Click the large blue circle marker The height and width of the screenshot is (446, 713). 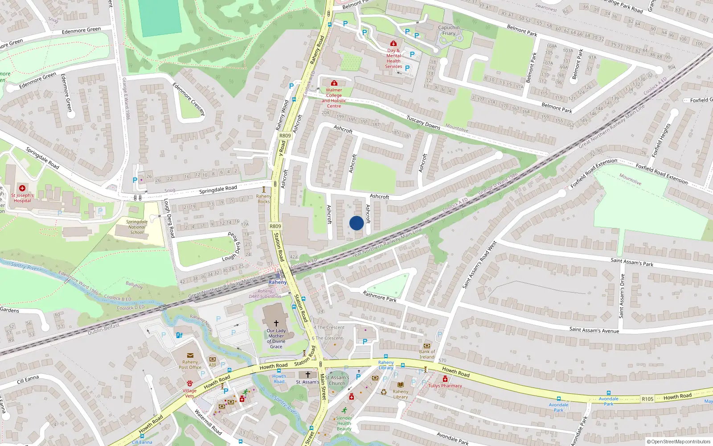[356, 223]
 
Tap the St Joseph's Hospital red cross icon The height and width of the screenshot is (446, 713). [22, 188]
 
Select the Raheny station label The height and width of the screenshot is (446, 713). [278, 282]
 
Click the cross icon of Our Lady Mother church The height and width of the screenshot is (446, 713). [276, 323]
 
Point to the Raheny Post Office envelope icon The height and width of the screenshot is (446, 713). [190, 355]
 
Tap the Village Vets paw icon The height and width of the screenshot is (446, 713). [189, 383]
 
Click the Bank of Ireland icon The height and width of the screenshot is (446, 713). [427, 346]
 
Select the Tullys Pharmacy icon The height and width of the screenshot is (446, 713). [445, 379]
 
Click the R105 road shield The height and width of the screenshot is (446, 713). [647, 399]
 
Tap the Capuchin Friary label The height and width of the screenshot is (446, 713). [448, 30]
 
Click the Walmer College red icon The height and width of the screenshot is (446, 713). [334, 83]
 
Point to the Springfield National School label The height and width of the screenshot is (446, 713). [137, 227]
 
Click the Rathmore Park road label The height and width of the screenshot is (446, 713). [379, 297]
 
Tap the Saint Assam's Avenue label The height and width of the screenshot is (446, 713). [594, 330]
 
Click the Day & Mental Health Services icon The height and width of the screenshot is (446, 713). [393, 44]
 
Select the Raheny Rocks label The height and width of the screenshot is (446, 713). [263, 199]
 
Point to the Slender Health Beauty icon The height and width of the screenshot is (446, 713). [344, 410]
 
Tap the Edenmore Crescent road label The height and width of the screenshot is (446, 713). [188, 99]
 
